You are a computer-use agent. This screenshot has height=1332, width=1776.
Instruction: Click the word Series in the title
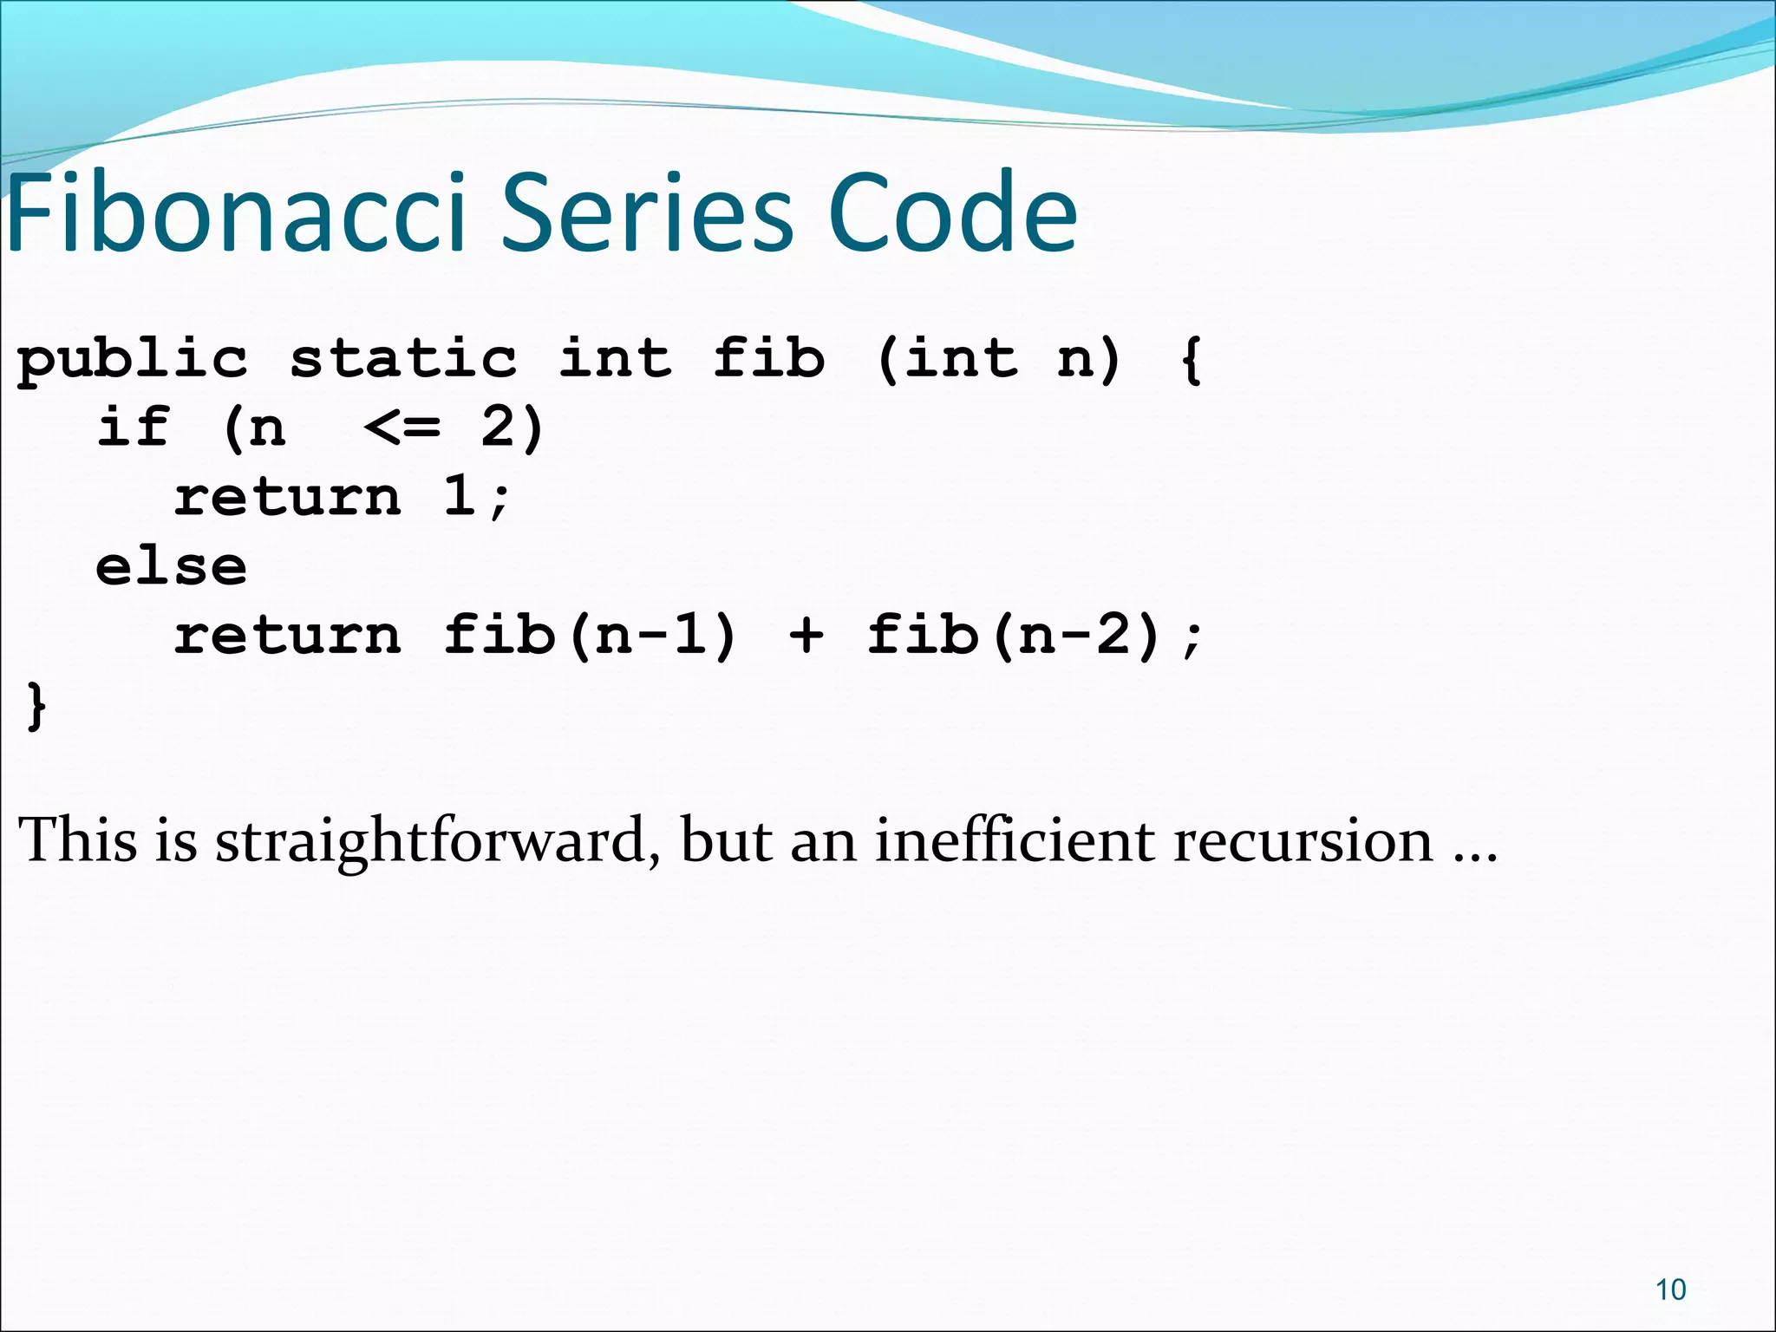(647, 213)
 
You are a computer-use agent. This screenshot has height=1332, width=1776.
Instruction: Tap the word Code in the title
(951, 213)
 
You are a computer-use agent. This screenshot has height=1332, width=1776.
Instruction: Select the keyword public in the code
(132, 360)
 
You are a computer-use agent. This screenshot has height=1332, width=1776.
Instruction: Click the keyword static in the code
(402, 358)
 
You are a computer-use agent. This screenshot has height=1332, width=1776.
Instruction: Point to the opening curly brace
(1191, 360)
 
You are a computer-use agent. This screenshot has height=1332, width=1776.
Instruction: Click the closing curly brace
(36, 706)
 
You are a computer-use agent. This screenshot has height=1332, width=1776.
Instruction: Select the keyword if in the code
(132, 427)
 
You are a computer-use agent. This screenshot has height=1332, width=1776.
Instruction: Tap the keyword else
(171, 567)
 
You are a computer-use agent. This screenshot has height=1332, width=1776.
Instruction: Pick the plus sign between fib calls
(806, 636)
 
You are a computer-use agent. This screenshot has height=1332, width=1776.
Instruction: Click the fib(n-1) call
(590, 636)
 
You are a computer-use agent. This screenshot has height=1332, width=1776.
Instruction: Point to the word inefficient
(1014, 840)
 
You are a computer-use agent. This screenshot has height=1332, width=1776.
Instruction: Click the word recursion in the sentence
(1303, 840)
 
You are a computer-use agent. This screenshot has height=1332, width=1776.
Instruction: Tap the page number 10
(1670, 1290)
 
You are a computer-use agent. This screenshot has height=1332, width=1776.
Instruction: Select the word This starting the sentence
(77, 840)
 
